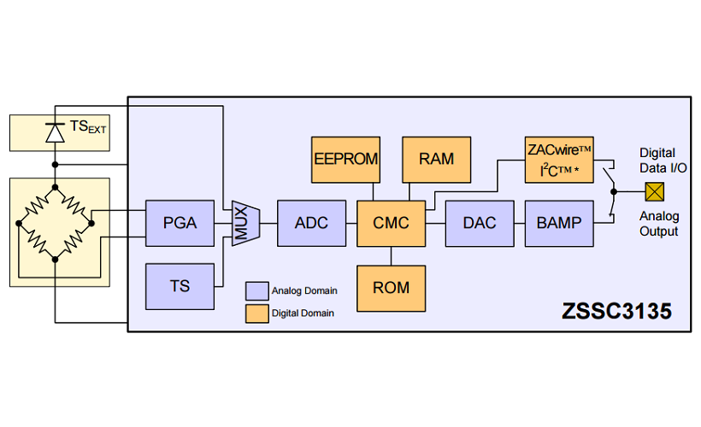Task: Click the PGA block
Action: pyautogui.click(x=180, y=223)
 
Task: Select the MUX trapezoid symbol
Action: pyautogui.click(x=244, y=223)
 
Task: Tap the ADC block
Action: pyautogui.click(x=311, y=223)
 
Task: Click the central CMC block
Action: pyautogui.click(x=391, y=223)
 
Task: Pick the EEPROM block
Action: pyautogui.click(x=345, y=159)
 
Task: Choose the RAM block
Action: pyautogui.click(x=436, y=159)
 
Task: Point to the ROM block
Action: pyautogui.click(x=391, y=288)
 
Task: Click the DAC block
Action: pyautogui.click(x=480, y=223)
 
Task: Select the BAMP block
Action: pyautogui.click(x=559, y=223)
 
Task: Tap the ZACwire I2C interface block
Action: pyautogui.click(x=559, y=159)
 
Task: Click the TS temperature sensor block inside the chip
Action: pyautogui.click(x=180, y=286)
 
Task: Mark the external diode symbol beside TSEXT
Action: pyautogui.click(x=56, y=132)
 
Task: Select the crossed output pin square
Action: pyautogui.click(x=656, y=191)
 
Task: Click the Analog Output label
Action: pyautogui.click(x=659, y=224)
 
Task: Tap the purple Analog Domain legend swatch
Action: pyautogui.click(x=256, y=290)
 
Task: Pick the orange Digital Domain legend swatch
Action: pyautogui.click(x=256, y=313)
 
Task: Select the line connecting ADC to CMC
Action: pyautogui.click(x=351, y=223)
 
